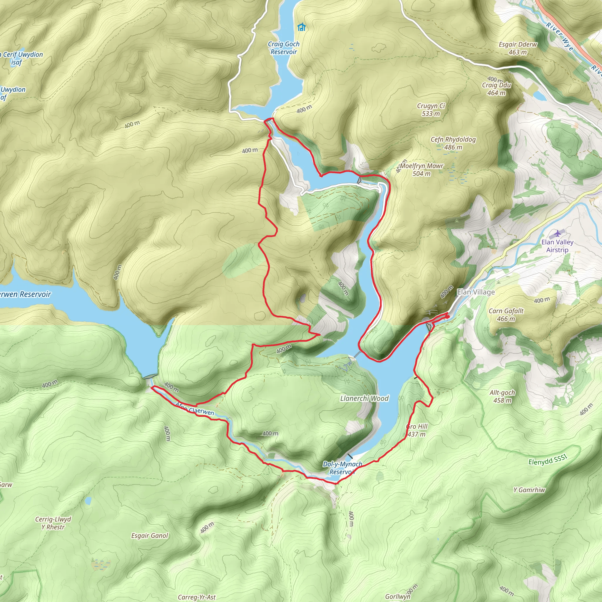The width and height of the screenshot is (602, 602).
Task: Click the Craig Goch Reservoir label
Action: tap(283, 48)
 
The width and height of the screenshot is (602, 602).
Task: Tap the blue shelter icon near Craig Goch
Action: tap(301, 27)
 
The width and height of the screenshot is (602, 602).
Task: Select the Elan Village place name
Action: tap(476, 292)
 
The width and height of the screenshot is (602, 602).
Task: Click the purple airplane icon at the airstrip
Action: tap(557, 233)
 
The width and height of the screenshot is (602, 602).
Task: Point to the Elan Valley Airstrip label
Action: tap(557, 246)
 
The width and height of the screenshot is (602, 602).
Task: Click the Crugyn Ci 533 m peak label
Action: tap(431, 110)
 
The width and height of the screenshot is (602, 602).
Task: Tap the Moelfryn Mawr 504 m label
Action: tap(421, 170)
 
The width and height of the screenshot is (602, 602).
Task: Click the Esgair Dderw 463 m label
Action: tap(518, 48)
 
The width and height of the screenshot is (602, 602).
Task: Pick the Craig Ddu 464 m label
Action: tap(496, 89)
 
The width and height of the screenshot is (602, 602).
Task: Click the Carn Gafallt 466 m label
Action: tap(506, 315)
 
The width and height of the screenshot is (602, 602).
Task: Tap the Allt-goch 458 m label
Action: tap(502, 396)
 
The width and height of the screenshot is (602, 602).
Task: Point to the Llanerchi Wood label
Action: tap(364, 398)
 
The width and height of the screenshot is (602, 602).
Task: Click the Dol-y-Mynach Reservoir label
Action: tap(342, 468)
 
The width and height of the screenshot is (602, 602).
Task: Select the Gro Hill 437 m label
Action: tap(417, 430)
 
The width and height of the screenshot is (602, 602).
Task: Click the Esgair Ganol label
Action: tap(150, 535)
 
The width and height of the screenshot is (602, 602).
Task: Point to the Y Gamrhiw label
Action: tap(529, 490)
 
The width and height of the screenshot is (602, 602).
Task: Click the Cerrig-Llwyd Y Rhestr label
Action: tap(53, 523)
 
